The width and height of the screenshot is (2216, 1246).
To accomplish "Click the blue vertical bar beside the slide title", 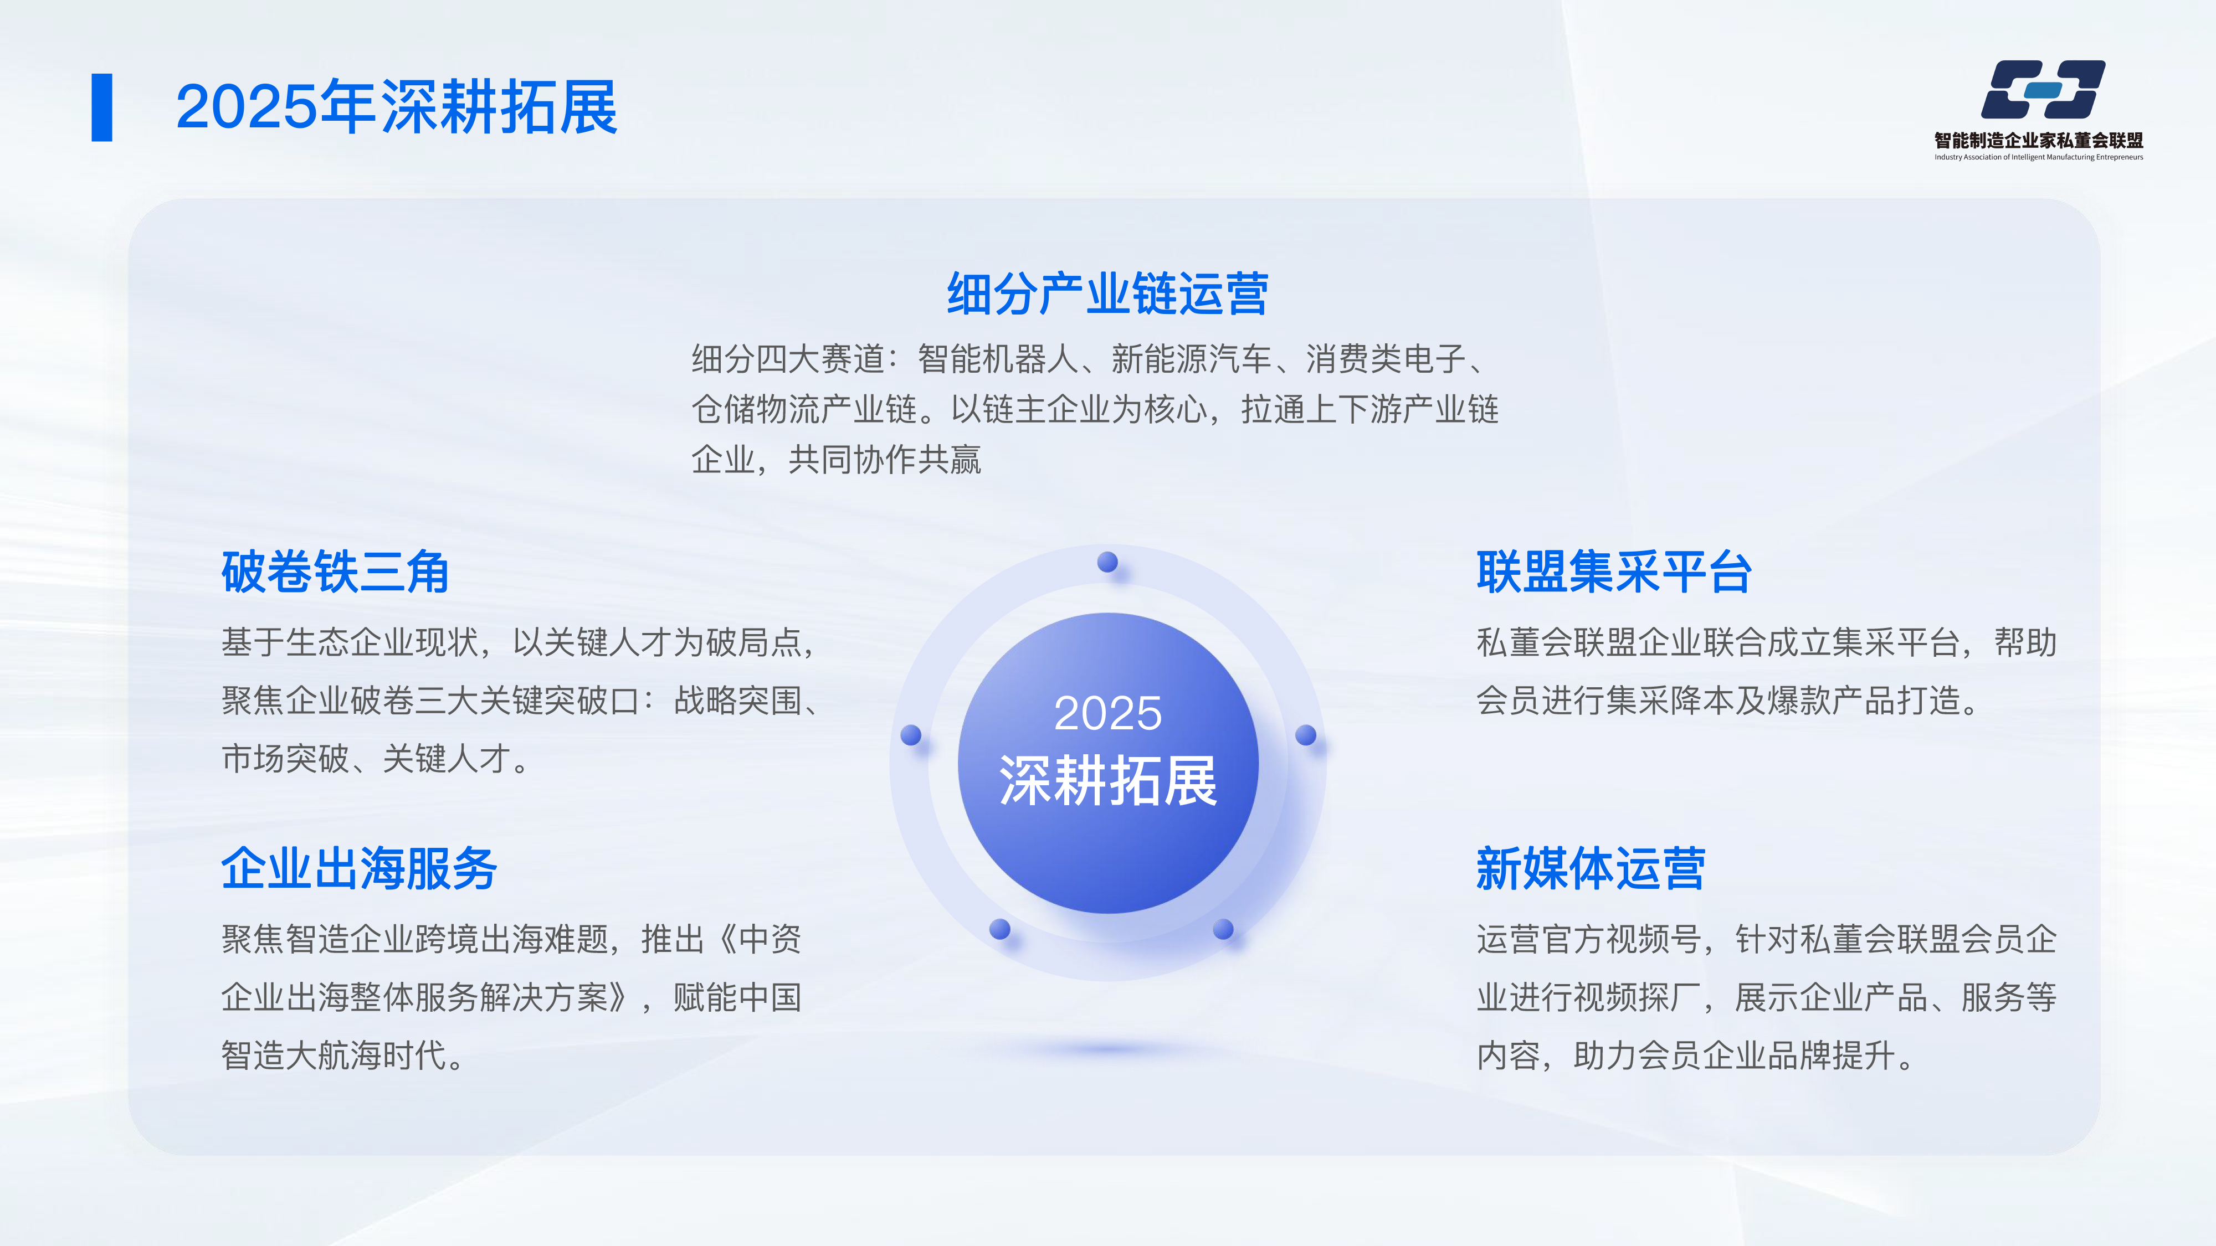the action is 101,107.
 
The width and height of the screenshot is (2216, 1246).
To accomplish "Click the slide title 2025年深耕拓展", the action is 397,107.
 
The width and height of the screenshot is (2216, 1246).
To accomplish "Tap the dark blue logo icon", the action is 2043,89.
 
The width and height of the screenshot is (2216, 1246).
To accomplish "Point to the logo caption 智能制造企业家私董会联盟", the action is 2039,140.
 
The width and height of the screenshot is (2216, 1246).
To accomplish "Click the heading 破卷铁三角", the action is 336,572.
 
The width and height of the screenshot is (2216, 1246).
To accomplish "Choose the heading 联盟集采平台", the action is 1614,572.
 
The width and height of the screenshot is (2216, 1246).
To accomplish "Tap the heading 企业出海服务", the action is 359,868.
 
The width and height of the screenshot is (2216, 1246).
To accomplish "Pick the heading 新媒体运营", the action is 1591,868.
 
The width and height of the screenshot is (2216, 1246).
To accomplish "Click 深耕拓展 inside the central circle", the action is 1108,781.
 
